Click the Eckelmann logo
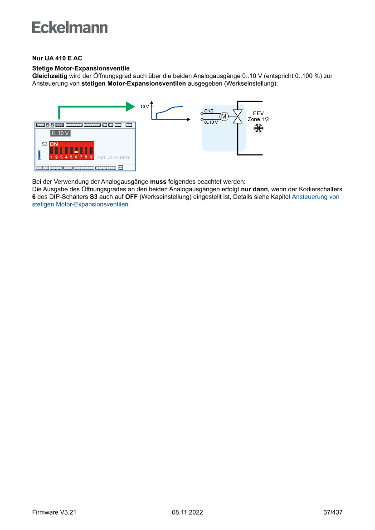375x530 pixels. click(70, 27)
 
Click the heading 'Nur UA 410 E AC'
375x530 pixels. click(57, 58)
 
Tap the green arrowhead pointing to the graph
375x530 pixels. click(131, 107)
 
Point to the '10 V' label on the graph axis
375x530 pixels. click(144, 107)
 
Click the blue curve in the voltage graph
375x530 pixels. click(169, 110)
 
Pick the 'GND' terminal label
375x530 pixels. click(209, 111)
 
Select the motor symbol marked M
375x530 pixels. click(224, 117)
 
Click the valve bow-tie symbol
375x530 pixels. click(238, 117)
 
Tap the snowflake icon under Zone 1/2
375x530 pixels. click(258, 129)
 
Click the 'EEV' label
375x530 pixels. click(258, 113)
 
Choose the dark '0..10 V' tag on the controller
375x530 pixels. click(60, 133)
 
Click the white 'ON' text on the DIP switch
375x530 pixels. click(54, 144)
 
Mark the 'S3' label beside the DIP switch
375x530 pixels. click(44, 144)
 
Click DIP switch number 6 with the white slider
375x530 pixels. click(76, 151)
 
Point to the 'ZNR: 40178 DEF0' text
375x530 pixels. click(113, 157)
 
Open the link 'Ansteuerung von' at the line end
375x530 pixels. click(315, 197)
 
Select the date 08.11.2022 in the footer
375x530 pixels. click(187, 512)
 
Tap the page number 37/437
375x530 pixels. click(332, 512)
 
